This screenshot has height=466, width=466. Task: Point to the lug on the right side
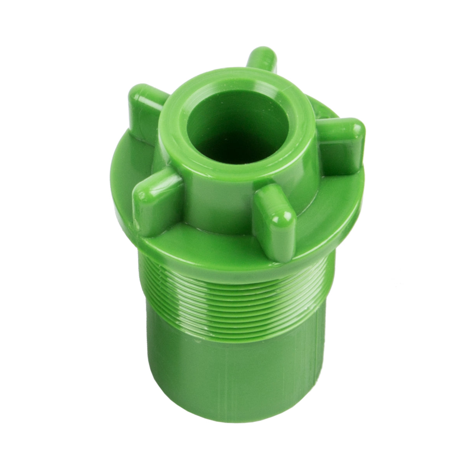point(342,144)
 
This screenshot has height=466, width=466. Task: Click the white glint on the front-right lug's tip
point(276,220)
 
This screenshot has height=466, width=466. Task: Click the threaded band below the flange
point(233,303)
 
